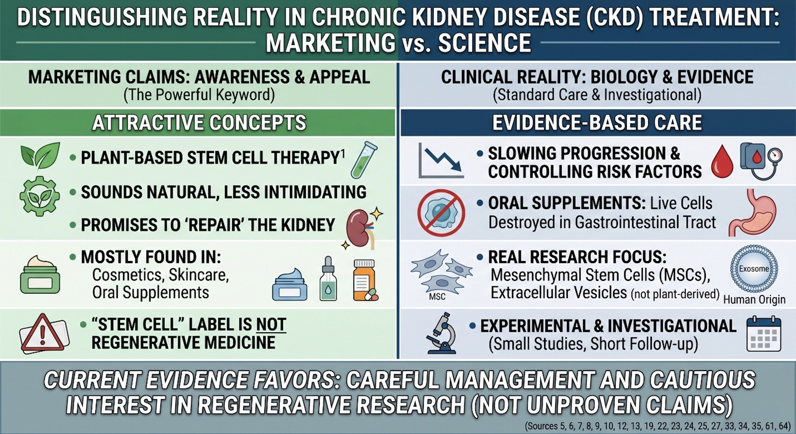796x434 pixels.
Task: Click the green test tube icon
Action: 364,160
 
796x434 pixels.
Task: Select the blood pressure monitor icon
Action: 761,161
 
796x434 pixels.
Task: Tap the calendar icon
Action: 764,334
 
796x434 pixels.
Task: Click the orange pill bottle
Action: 365,280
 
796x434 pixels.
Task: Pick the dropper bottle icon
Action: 328,279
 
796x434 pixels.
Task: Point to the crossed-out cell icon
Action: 441,213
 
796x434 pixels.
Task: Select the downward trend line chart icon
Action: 441,160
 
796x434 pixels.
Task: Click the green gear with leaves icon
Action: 40,196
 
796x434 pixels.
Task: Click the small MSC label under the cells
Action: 437,296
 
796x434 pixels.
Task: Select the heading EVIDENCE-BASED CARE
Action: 597,123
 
